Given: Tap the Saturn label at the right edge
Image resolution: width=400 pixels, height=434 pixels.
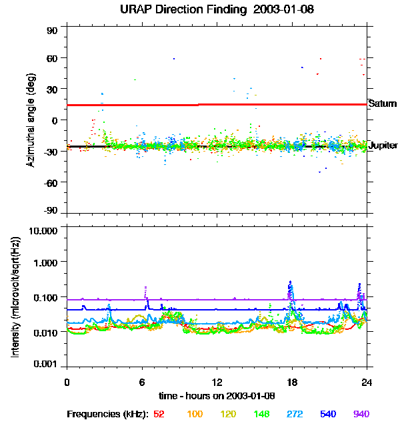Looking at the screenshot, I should point(382,103).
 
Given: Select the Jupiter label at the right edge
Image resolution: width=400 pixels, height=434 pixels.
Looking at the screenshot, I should point(383,145).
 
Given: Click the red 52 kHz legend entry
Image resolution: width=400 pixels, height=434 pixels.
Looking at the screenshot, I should point(159,414).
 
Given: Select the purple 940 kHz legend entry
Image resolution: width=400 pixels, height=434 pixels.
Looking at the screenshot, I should point(361,414).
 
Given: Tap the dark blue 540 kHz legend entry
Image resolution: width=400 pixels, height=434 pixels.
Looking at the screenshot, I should point(327,414).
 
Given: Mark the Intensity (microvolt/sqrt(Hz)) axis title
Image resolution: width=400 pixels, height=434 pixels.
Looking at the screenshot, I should point(15,297).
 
